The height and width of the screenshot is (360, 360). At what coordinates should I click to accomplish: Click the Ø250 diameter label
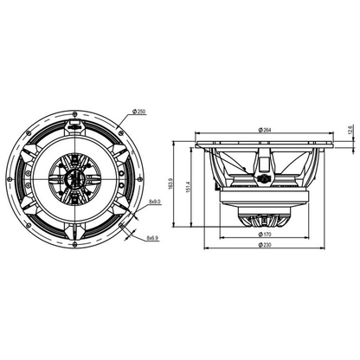[x=138, y=112]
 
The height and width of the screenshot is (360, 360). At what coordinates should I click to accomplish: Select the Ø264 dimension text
[x=265, y=130]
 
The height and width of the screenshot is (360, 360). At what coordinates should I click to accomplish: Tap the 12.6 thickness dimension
[x=350, y=130]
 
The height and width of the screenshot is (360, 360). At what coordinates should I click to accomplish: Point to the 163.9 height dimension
[x=170, y=183]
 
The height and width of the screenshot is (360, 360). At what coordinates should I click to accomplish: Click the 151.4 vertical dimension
[x=188, y=187]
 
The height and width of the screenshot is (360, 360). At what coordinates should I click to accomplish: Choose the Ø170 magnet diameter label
[x=265, y=235]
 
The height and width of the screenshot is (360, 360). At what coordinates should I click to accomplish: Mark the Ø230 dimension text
[x=265, y=245]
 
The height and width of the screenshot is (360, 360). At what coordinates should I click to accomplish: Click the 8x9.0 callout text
[x=154, y=202]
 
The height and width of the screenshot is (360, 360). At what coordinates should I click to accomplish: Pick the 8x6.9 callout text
[x=152, y=238]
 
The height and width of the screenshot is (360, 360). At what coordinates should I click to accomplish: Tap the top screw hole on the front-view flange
[x=74, y=114]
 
